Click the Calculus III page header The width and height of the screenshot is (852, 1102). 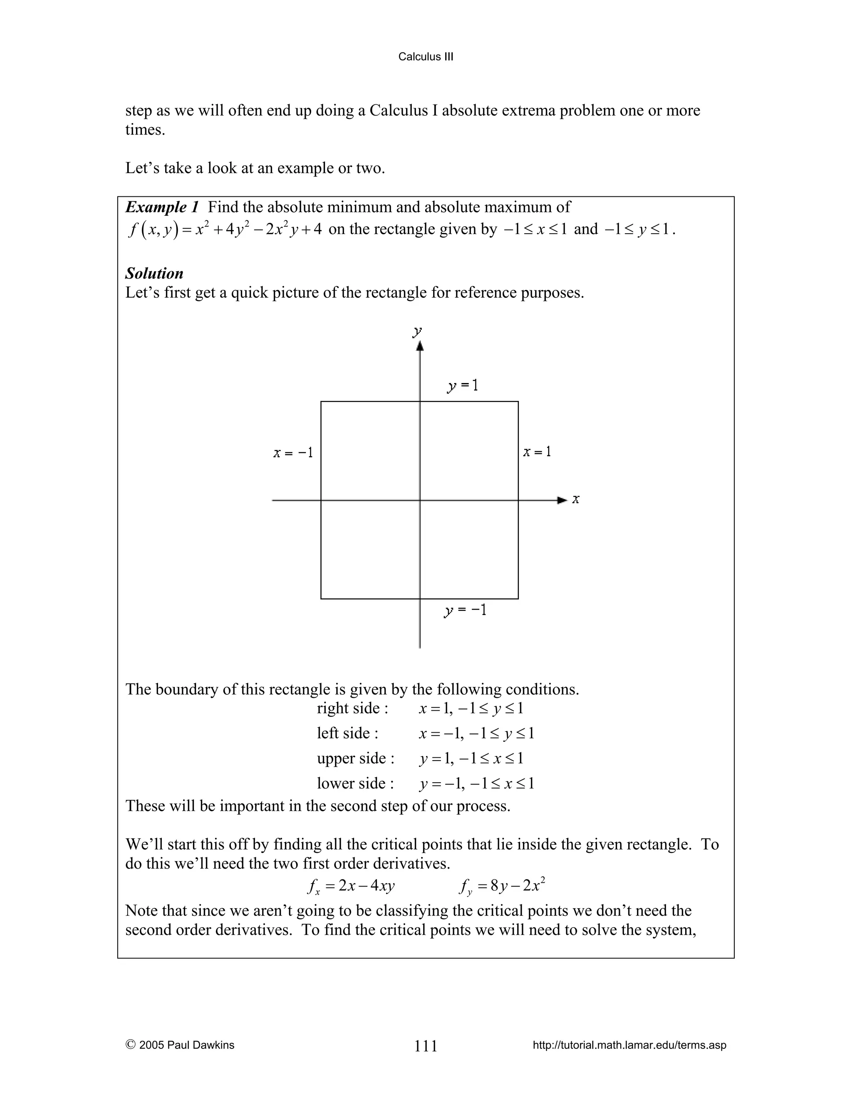click(426, 57)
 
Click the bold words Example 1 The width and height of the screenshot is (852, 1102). click(162, 207)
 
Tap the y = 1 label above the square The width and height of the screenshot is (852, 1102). click(462, 386)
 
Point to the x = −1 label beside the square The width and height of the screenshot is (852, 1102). click(293, 452)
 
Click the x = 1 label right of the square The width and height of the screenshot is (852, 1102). click(537, 452)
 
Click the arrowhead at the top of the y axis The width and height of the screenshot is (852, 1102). click(420, 346)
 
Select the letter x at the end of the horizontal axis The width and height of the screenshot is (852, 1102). click(576, 499)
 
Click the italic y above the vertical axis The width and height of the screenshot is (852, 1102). click(417, 331)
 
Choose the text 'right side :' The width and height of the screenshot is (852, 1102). click(352, 708)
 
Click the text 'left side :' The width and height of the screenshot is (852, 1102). click(347, 733)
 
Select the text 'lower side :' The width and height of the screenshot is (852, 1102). click(355, 783)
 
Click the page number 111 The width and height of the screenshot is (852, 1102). click(426, 1046)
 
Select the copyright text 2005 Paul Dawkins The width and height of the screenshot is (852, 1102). click(180, 1045)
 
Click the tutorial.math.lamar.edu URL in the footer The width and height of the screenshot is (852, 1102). click(629, 1045)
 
